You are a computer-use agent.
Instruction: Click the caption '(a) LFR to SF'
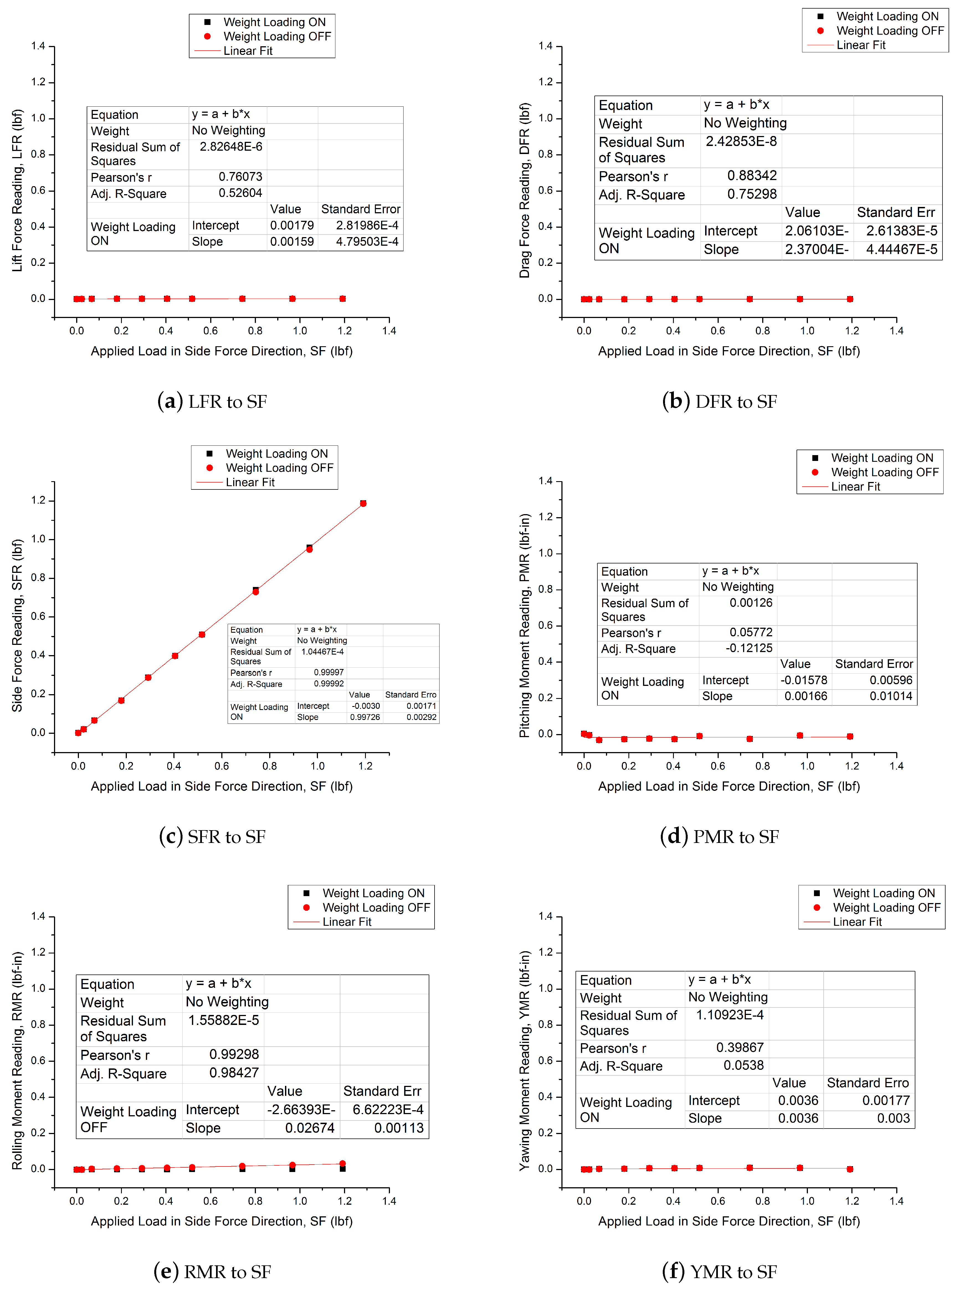212,401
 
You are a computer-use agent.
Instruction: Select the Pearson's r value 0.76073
240,177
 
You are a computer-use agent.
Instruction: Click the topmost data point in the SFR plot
363,503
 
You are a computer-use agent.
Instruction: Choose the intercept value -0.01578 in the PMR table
804,680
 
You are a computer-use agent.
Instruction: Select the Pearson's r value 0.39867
740,1047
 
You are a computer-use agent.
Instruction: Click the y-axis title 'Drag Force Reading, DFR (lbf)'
525,190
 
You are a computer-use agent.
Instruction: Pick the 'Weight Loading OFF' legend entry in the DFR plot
890,31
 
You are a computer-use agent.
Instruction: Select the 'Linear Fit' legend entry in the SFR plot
250,483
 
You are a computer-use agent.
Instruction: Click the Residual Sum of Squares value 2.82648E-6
231,147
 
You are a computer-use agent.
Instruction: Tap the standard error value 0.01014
891,696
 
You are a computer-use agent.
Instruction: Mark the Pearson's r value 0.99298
234,1054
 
